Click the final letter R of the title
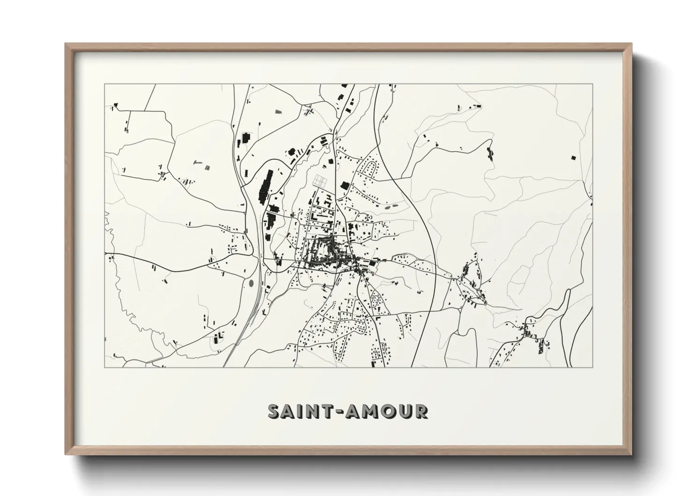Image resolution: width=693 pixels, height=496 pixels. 421,412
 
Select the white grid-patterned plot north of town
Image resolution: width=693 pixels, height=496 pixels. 321,180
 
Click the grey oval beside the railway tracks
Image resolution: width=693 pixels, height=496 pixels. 251,283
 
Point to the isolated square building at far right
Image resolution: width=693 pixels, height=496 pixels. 573,158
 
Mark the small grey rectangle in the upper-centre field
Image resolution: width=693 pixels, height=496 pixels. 280,112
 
